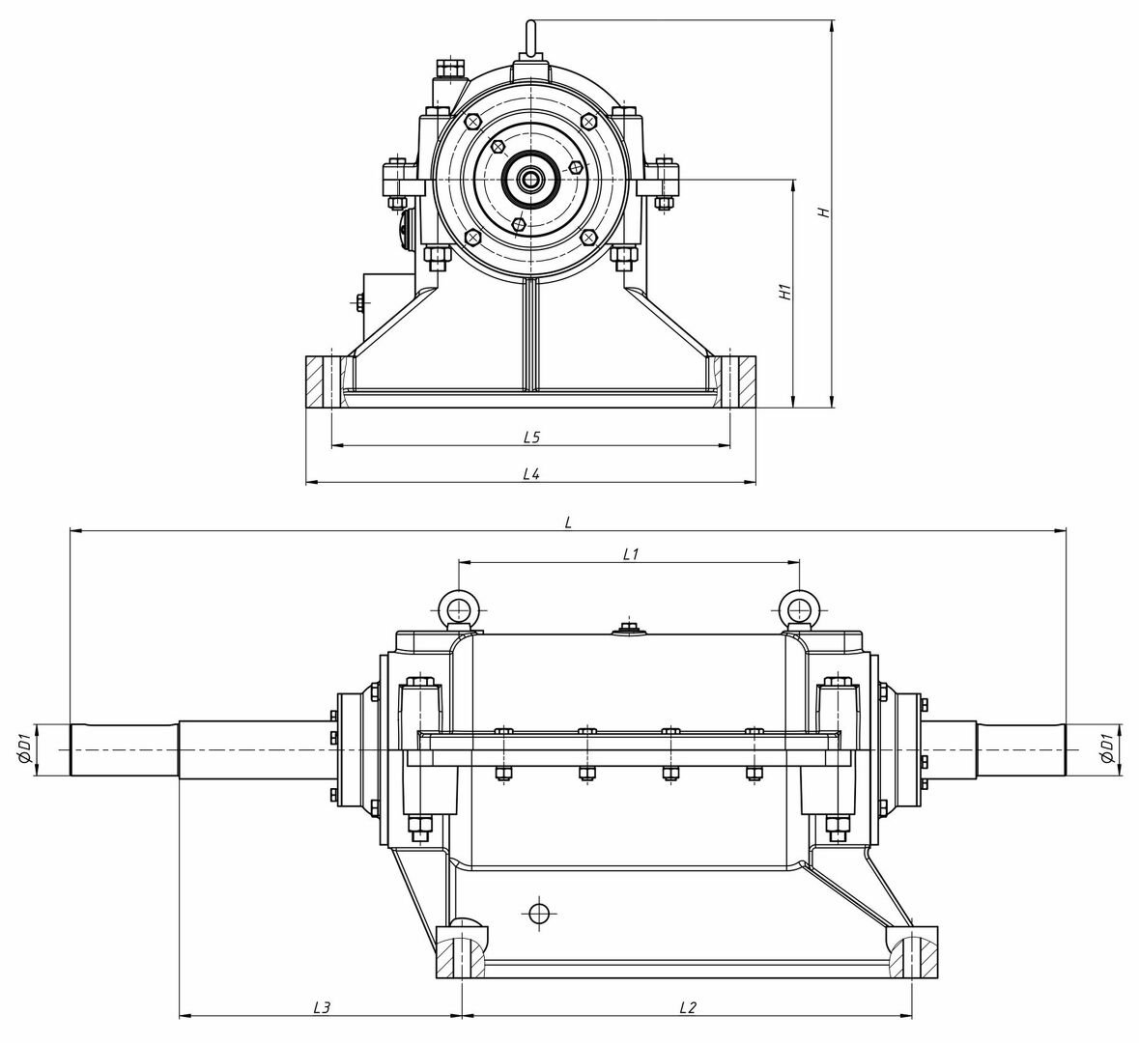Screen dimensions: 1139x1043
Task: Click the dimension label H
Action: coord(824,212)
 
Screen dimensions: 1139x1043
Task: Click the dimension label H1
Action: coord(784,292)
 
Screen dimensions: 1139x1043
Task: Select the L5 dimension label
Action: coord(531,437)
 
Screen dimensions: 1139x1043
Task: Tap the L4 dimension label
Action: coord(531,474)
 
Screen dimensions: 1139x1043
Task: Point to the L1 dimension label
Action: coord(631,554)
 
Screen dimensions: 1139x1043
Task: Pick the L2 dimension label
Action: coord(687,1007)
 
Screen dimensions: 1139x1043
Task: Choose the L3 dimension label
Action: coord(322,1007)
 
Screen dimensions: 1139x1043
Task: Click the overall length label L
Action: coord(569,522)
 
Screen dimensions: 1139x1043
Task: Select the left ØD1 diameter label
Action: coord(24,748)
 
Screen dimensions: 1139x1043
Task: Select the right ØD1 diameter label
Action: coord(1107,748)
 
